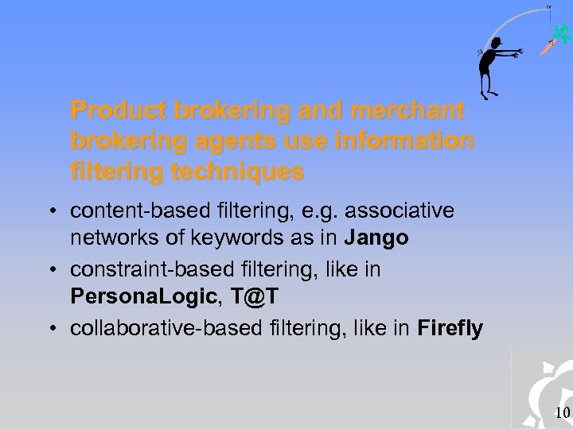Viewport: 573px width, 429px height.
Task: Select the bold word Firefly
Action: tap(450, 328)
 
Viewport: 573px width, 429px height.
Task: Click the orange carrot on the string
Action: tap(547, 48)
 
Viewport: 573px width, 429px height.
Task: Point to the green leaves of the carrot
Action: tap(562, 33)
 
